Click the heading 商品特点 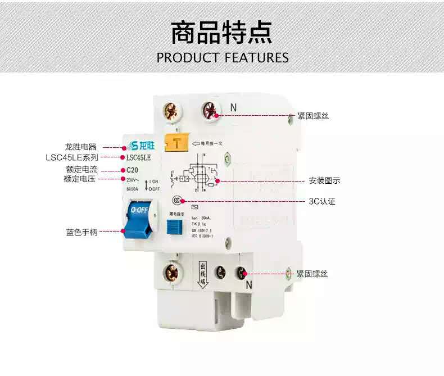click(x=221, y=33)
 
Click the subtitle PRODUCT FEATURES click(x=222, y=57)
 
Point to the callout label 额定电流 click(x=81, y=169)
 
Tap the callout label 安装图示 click(x=324, y=181)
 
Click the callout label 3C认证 click(x=321, y=201)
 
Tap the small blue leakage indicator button click(x=175, y=226)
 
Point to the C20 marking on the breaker click(x=133, y=169)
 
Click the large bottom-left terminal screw click(x=171, y=273)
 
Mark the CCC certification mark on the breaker click(x=177, y=200)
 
